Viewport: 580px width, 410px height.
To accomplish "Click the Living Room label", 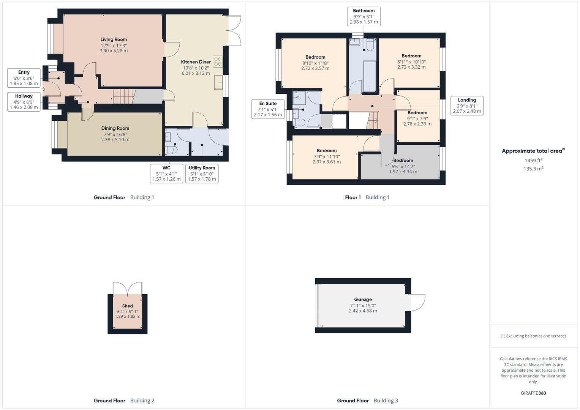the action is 114,39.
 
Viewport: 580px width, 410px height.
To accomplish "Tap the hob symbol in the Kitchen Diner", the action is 218,61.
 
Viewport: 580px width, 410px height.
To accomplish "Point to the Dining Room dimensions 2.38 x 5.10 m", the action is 115,140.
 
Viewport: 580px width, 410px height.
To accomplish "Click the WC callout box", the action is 166,173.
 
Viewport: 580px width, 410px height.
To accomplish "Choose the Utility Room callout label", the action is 202,168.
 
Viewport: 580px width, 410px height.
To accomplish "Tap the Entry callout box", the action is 24,78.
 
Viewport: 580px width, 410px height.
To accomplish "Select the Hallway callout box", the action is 24,102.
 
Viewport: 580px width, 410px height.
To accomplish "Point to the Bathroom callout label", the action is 364,11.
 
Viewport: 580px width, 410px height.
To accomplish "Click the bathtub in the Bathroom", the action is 370,77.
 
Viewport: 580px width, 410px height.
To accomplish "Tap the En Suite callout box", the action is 268,109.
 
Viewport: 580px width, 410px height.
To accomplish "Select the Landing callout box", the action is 467,106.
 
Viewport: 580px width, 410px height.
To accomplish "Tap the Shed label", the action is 127,306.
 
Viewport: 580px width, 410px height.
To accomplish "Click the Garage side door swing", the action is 417,303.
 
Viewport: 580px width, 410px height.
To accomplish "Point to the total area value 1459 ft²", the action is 533,161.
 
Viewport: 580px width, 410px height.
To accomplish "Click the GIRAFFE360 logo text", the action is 533,393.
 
